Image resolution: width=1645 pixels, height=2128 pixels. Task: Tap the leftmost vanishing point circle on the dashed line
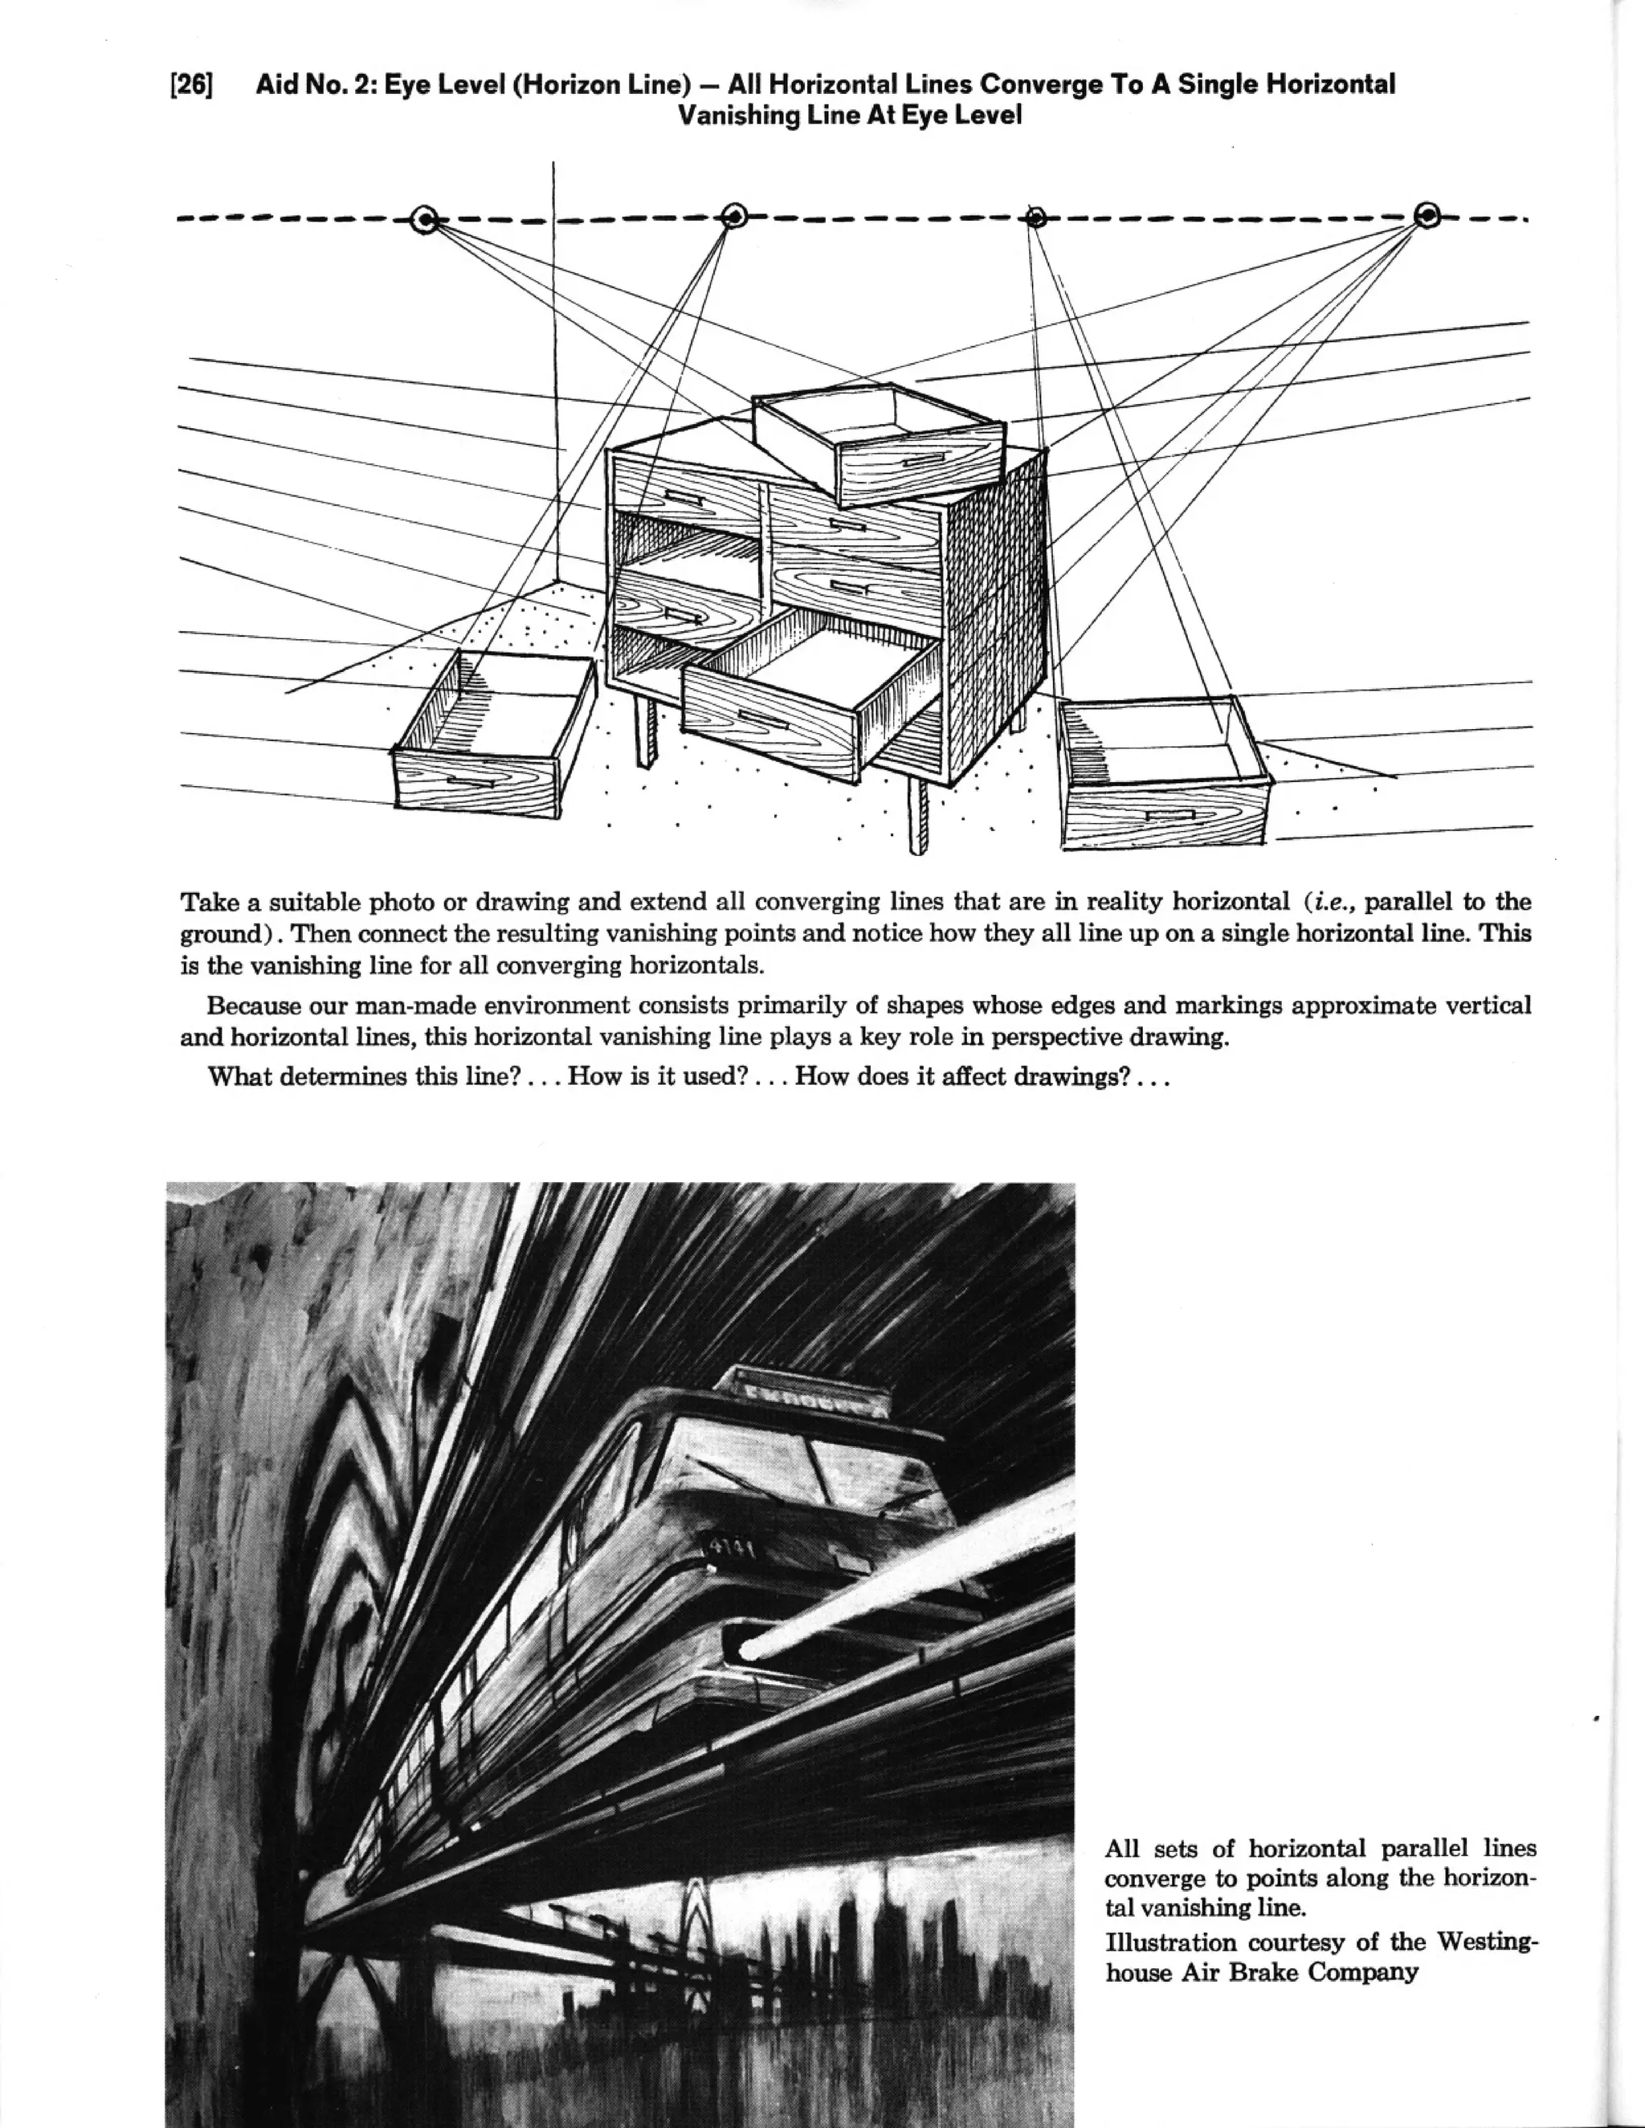click(x=425, y=220)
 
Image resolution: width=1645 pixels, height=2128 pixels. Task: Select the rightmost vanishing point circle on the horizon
click(x=1427, y=215)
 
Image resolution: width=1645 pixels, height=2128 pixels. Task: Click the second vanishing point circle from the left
click(x=734, y=214)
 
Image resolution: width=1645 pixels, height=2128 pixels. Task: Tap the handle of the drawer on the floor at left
click(x=471, y=781)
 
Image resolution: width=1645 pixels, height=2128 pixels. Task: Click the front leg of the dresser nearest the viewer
click(x=918, y=817)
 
